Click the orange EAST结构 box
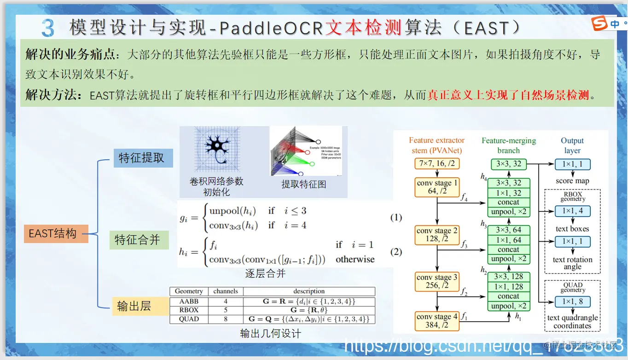click(x=56, y=233)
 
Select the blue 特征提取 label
click(x=143, y=158)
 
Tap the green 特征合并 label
click(x=139, y=239)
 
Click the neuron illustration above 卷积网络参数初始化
click(x=216, y=150)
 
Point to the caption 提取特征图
click(x=304, y=184)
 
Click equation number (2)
click(x=396, y=252)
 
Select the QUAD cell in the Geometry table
click(x=189, y=319)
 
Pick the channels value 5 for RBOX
click(x=226, y=310)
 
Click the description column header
click(x=309, y=291)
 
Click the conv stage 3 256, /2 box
click(x=436, y=281)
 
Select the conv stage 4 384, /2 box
click(x=436, y=320)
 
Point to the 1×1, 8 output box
click(x=572, y=302)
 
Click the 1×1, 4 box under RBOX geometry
click(x=572, y=211)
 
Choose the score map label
click(x=572, y=181)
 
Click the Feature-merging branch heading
click(x=509, y=145)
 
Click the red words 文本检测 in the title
click(x=364, y=28)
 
